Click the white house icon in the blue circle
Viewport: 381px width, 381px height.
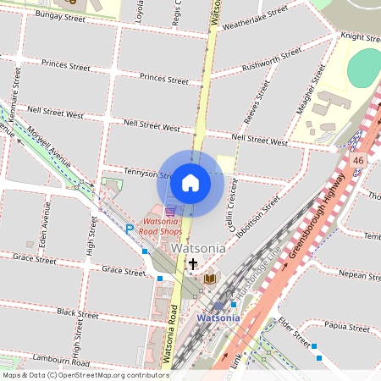click(190, 182)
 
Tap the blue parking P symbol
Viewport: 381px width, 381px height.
click(130, 228)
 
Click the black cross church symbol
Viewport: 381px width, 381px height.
click(193, 264)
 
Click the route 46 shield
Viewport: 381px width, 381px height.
click(358, 160)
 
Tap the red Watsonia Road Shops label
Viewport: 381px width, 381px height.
click(161, 225)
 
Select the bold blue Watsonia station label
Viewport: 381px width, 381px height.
click(218, 317)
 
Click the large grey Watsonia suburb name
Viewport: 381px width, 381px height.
click(198, 249)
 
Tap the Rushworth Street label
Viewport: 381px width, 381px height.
click(271, 60)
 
